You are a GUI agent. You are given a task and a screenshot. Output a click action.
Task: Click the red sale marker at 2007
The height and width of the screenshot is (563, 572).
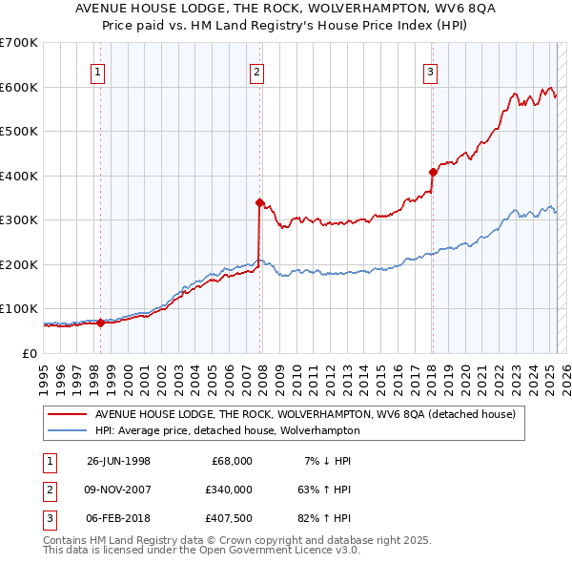(x=259, y=202)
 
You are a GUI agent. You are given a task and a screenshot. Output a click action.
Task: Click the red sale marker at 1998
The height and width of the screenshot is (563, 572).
(x=100, y=323)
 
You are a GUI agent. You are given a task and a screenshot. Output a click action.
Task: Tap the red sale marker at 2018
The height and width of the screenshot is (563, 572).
(x=433, y=173)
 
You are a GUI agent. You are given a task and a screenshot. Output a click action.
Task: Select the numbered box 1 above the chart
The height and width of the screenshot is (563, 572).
(x=99, y=71)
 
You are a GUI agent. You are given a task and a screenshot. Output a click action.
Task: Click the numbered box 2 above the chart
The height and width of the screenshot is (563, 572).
(x=257, y=71)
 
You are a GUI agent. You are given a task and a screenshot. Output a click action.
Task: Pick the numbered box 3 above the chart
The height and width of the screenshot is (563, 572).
(x=430, y=71)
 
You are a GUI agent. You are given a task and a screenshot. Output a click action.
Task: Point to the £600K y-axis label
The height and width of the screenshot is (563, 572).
(x=18, y=87)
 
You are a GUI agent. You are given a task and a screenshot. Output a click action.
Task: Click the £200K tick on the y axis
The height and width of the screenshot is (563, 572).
(x=18, y=264)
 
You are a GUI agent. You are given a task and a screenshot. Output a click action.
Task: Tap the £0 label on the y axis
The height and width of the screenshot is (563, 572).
(x=30, y=353)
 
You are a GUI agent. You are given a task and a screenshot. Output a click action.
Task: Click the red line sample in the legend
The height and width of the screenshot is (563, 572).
(x=67, y=414)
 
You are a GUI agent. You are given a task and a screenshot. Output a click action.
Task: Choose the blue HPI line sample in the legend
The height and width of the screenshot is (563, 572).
(x=67, y=430)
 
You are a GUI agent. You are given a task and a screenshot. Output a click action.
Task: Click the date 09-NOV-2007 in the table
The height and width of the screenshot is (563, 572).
(x=118, y=490)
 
